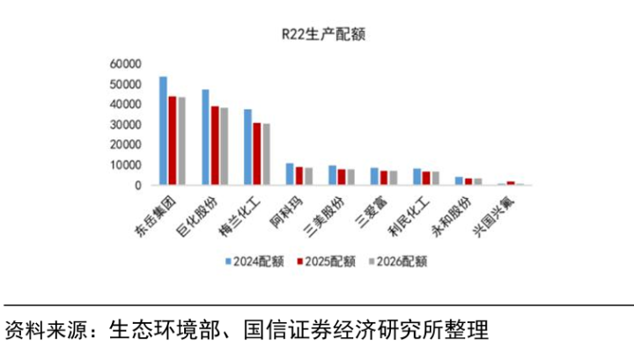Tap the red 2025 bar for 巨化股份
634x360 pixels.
pos(215,145)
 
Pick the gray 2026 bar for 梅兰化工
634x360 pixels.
pos(266,154)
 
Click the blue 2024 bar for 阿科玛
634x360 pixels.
pos(290,174)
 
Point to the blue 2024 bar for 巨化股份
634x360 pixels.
pos(205,137)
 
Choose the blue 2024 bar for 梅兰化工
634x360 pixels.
pos(247,147)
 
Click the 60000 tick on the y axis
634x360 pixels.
pos(125,64)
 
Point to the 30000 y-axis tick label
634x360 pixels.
pos(125,125)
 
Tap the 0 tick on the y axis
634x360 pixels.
pos(138,186)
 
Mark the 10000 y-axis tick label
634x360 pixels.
pos(125,165)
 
